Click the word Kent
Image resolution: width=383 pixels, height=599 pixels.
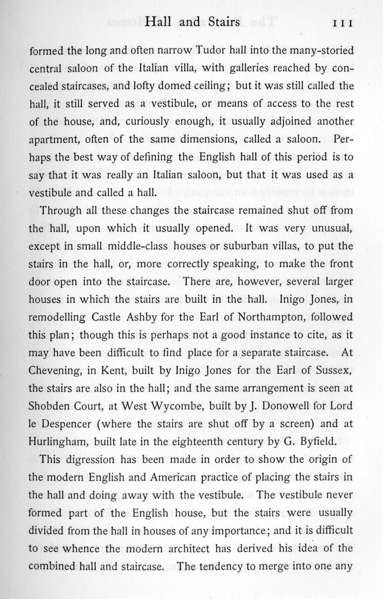pyautogui.click(x=113, y=370)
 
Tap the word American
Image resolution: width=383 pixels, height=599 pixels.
pyautogui.click(x=172, y=477)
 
